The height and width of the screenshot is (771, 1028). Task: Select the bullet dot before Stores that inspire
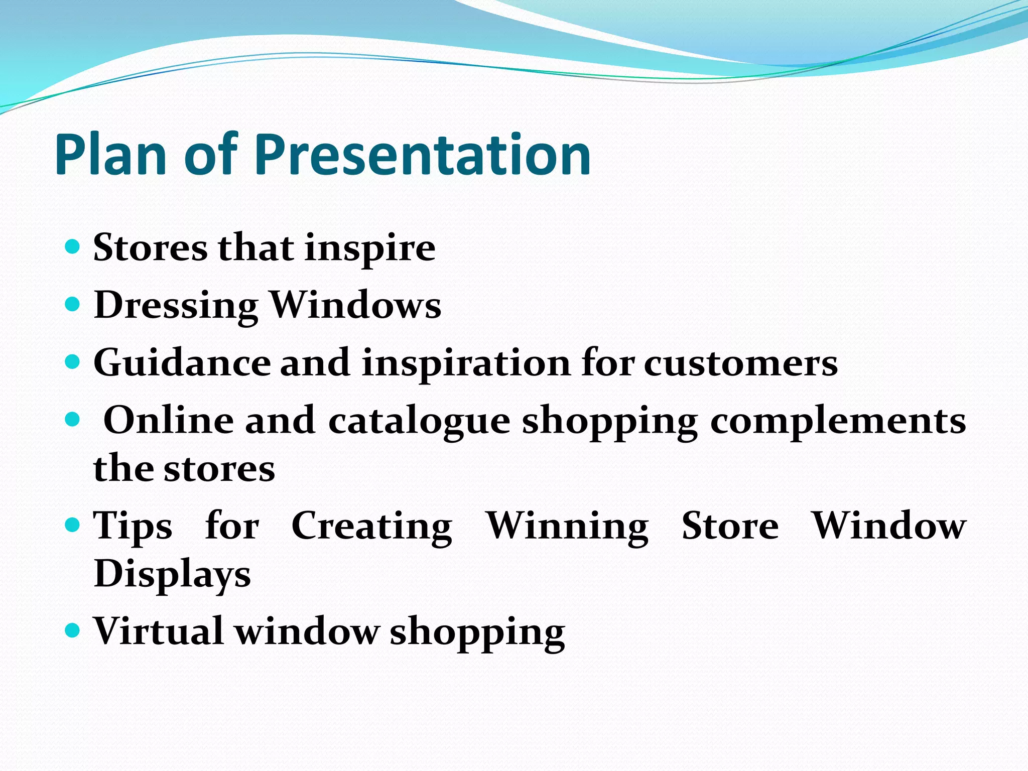[x=73, y=246]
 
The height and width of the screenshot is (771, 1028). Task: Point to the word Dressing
[x=176, y=305]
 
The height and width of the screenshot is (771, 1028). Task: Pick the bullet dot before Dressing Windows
[x=73, y=304]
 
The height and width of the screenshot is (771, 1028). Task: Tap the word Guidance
[x=182, y=362]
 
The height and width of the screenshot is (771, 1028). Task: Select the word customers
[x=741, y=363]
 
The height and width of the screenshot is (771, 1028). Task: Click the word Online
[x=169, y=420]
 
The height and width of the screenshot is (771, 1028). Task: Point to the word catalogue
[x=419, y=421]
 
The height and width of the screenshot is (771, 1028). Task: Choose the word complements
[x=838, y=421]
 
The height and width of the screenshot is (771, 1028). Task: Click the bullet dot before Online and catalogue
[x=73, y=418]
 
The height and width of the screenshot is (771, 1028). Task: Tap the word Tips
[x=133, y=526]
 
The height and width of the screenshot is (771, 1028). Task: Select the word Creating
[x=371, y=526]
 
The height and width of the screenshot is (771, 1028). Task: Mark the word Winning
[x=567, y=526]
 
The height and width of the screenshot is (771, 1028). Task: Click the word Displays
[x=172, y=574]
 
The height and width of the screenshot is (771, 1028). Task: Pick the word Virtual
[x=158, y=630]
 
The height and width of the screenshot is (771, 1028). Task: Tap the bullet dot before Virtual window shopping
[x=73, y=629]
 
